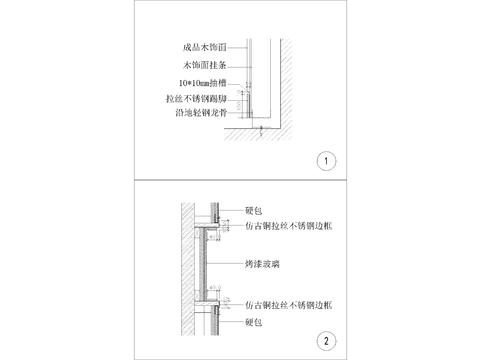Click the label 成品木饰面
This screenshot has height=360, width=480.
tap(198, 46)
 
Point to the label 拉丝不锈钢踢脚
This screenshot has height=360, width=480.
tap(195, 101)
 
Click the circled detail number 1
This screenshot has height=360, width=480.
tap(324, 160)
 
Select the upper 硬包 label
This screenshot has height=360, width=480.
tap(253, 211)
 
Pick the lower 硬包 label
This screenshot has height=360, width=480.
tap(253, 322)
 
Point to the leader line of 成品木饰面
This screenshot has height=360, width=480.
tap(240, 47)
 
